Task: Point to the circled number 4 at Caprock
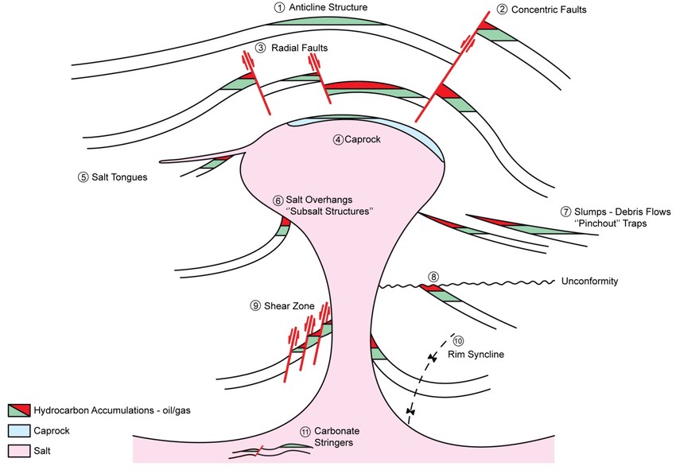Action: pos(338,140)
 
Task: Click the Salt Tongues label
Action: pos(120,177)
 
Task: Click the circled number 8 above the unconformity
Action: pos(433,277)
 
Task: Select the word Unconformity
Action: pos(589,282)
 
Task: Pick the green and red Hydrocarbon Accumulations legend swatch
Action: pos(17,410)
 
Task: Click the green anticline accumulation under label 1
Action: pos(326,21)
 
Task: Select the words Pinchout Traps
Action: pos(611,224)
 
